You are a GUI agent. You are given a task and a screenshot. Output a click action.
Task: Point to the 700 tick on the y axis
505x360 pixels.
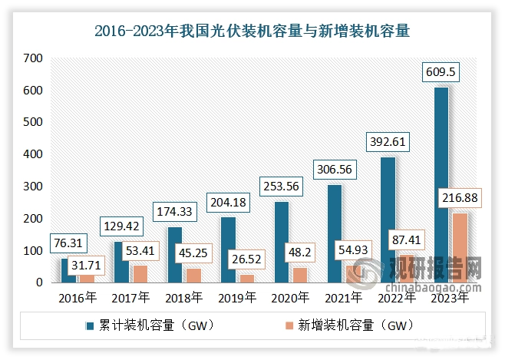[33, 58]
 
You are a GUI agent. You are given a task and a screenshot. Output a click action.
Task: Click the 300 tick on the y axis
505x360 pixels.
[33, 187]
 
